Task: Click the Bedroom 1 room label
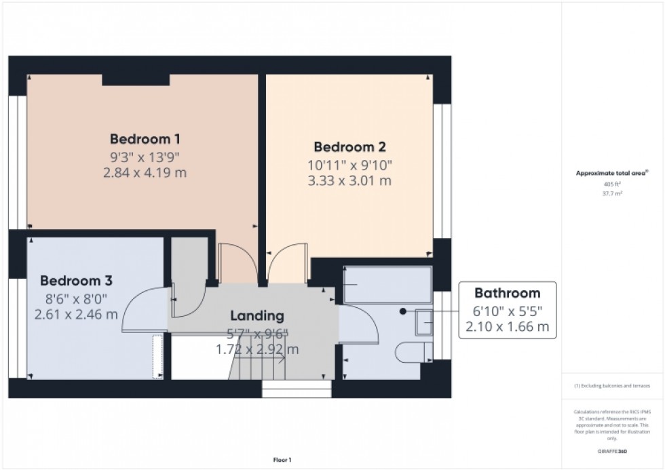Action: coord(145,140)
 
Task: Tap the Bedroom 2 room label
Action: coord(349,146)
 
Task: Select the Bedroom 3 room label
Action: coord(76,280)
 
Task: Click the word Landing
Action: coord(257,315)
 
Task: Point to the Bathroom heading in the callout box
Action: coord(507,294)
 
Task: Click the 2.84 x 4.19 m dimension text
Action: coord(145,173)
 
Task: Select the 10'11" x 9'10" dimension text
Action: coord(349,164)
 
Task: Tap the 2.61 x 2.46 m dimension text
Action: coord(76,314)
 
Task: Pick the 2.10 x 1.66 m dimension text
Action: coord(507,328)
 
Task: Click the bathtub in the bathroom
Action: coord(387,284)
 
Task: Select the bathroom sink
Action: coord(423,322)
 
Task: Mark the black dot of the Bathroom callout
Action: coord(403,311)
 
